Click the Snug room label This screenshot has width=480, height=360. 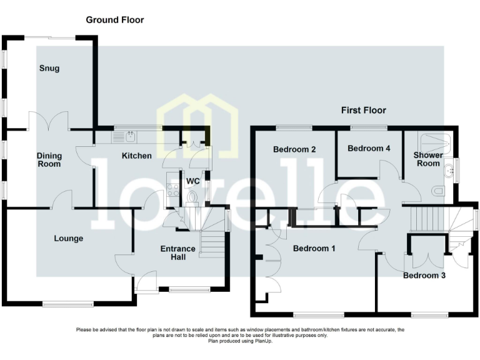pyautogui.click(x=49, y=68)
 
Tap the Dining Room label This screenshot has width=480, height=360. pyautogui.click(x=49, y=160)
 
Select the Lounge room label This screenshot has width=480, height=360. pyautogui.click(x=69, y=238)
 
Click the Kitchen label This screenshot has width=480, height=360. pyautogui.click(x=136, y=155)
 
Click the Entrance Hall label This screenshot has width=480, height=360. pyautogui.click(x=178, y=253)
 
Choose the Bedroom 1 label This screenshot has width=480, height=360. pyautogui.click(x=314, y=248)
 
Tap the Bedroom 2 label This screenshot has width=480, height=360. pyautogui.click(x=294, y=149)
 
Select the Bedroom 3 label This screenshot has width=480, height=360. pyautogui.click(x=424, y=275)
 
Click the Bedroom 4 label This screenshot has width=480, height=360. pyautogui.click(x=369, y=149)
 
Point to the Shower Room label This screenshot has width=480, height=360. pyautogui.click(x=429, y=159)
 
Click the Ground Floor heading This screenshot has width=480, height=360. pyautogui.click(x=115, y=20)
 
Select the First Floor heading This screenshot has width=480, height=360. pyautogui.click(x=363, y=110)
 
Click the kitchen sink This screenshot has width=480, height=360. pyautogui.click(x=130, y=136)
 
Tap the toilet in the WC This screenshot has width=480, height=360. pyautogui.click(x=192, y=198)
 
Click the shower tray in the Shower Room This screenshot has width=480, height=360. pyautogui.click(x=436, y=140)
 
